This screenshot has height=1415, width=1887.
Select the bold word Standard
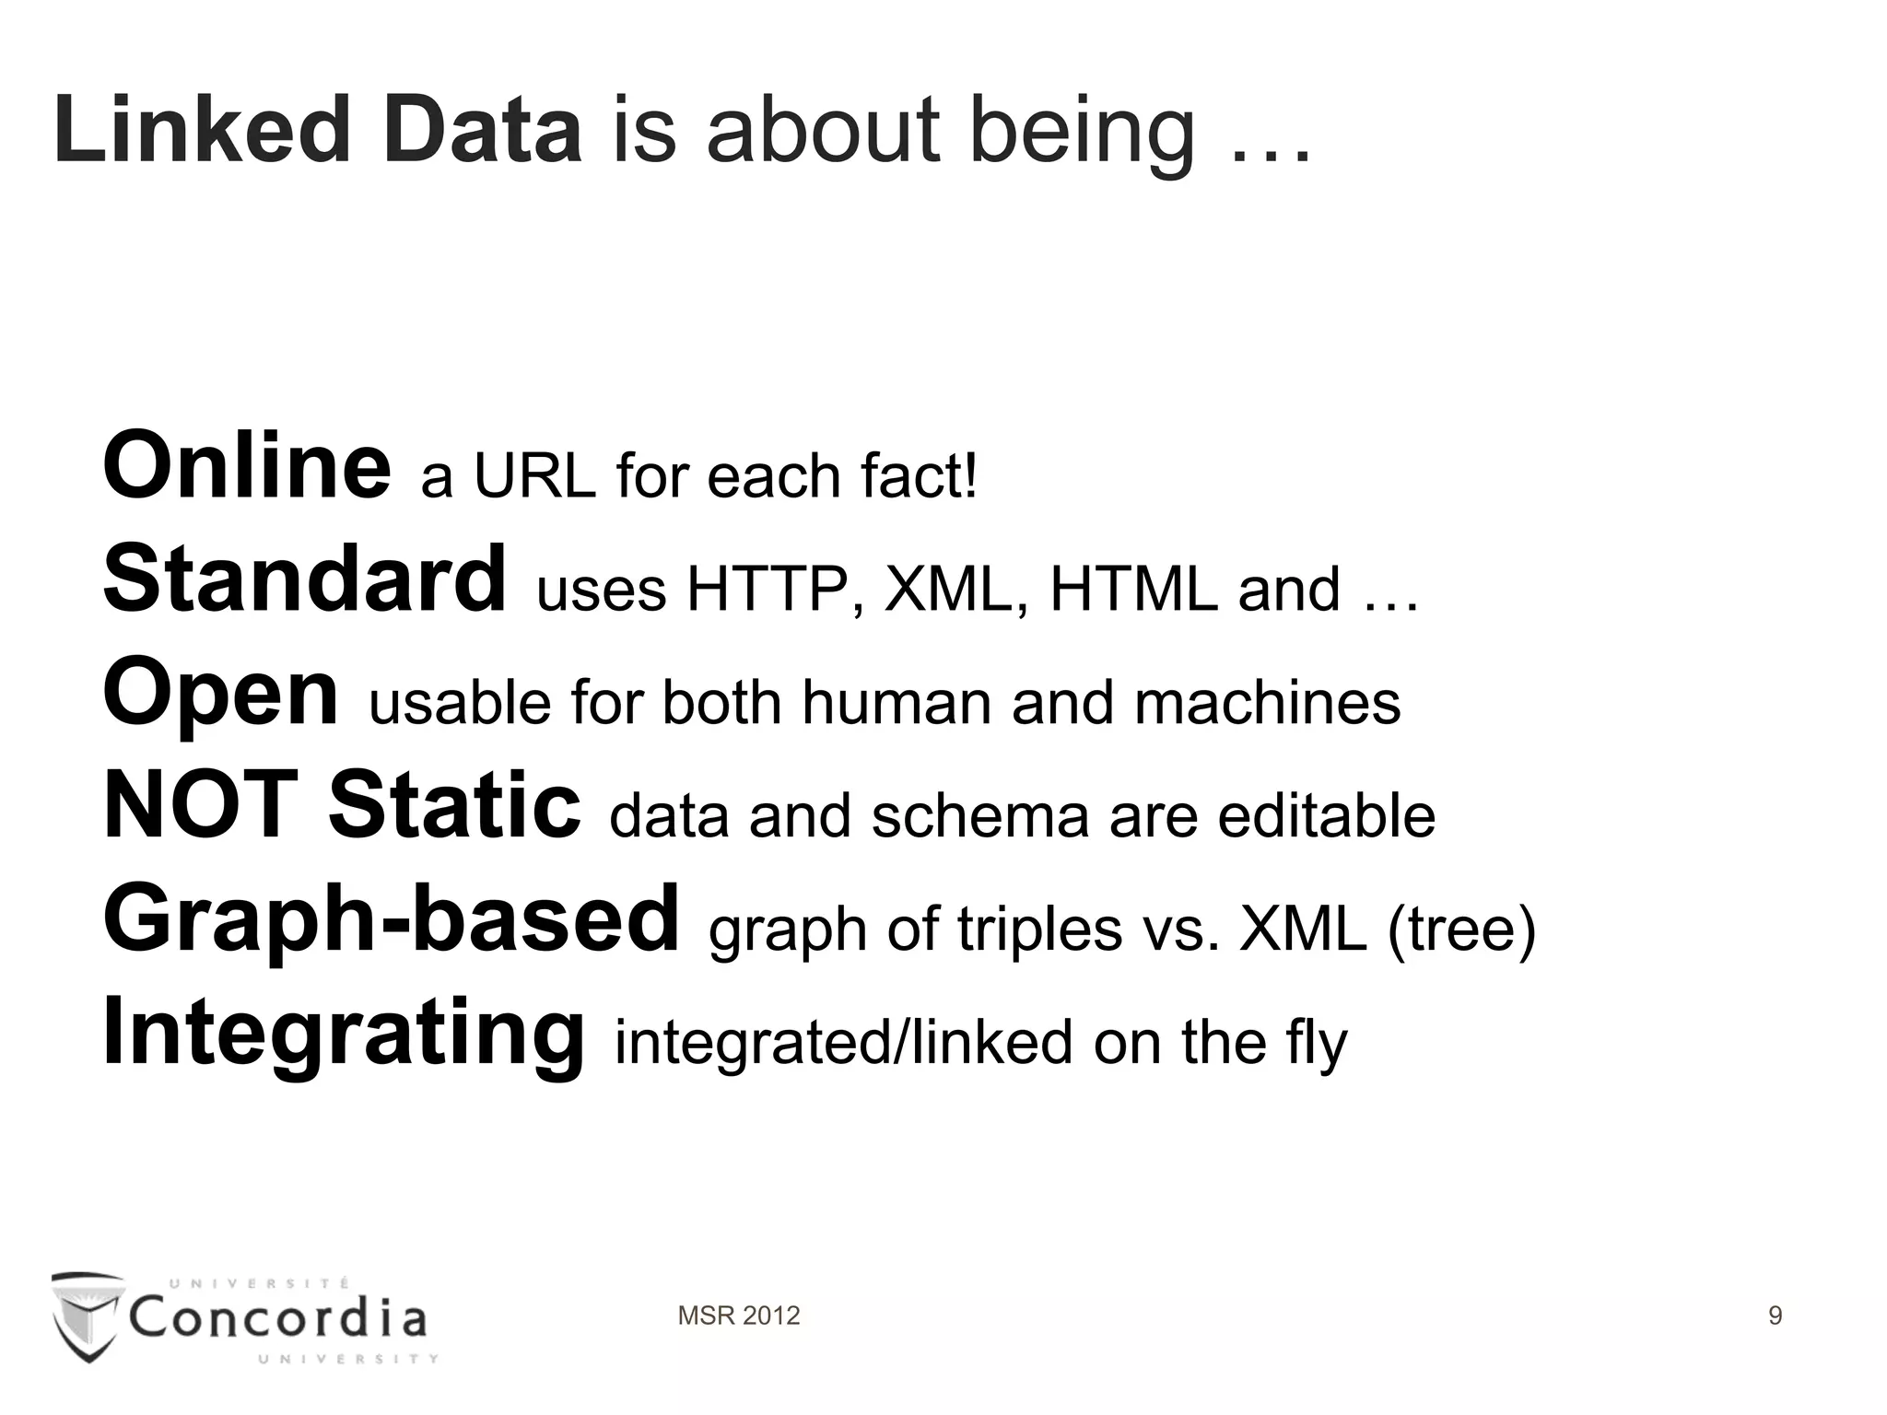[x=305, y=579]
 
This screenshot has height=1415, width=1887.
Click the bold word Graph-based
[x=392, y=920]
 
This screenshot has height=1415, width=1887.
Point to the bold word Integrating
[x=344, y=1034]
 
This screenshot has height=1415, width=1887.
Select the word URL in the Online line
[x=534, y=477]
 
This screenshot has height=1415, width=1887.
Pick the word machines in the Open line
[x=1267, y=703]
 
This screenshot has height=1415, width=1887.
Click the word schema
[x=980, y=817]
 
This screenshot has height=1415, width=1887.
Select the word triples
[x=1040, y=930]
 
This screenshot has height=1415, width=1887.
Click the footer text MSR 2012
[x=739, y=1316]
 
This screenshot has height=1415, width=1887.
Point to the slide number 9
[x=1776, y=1316]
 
